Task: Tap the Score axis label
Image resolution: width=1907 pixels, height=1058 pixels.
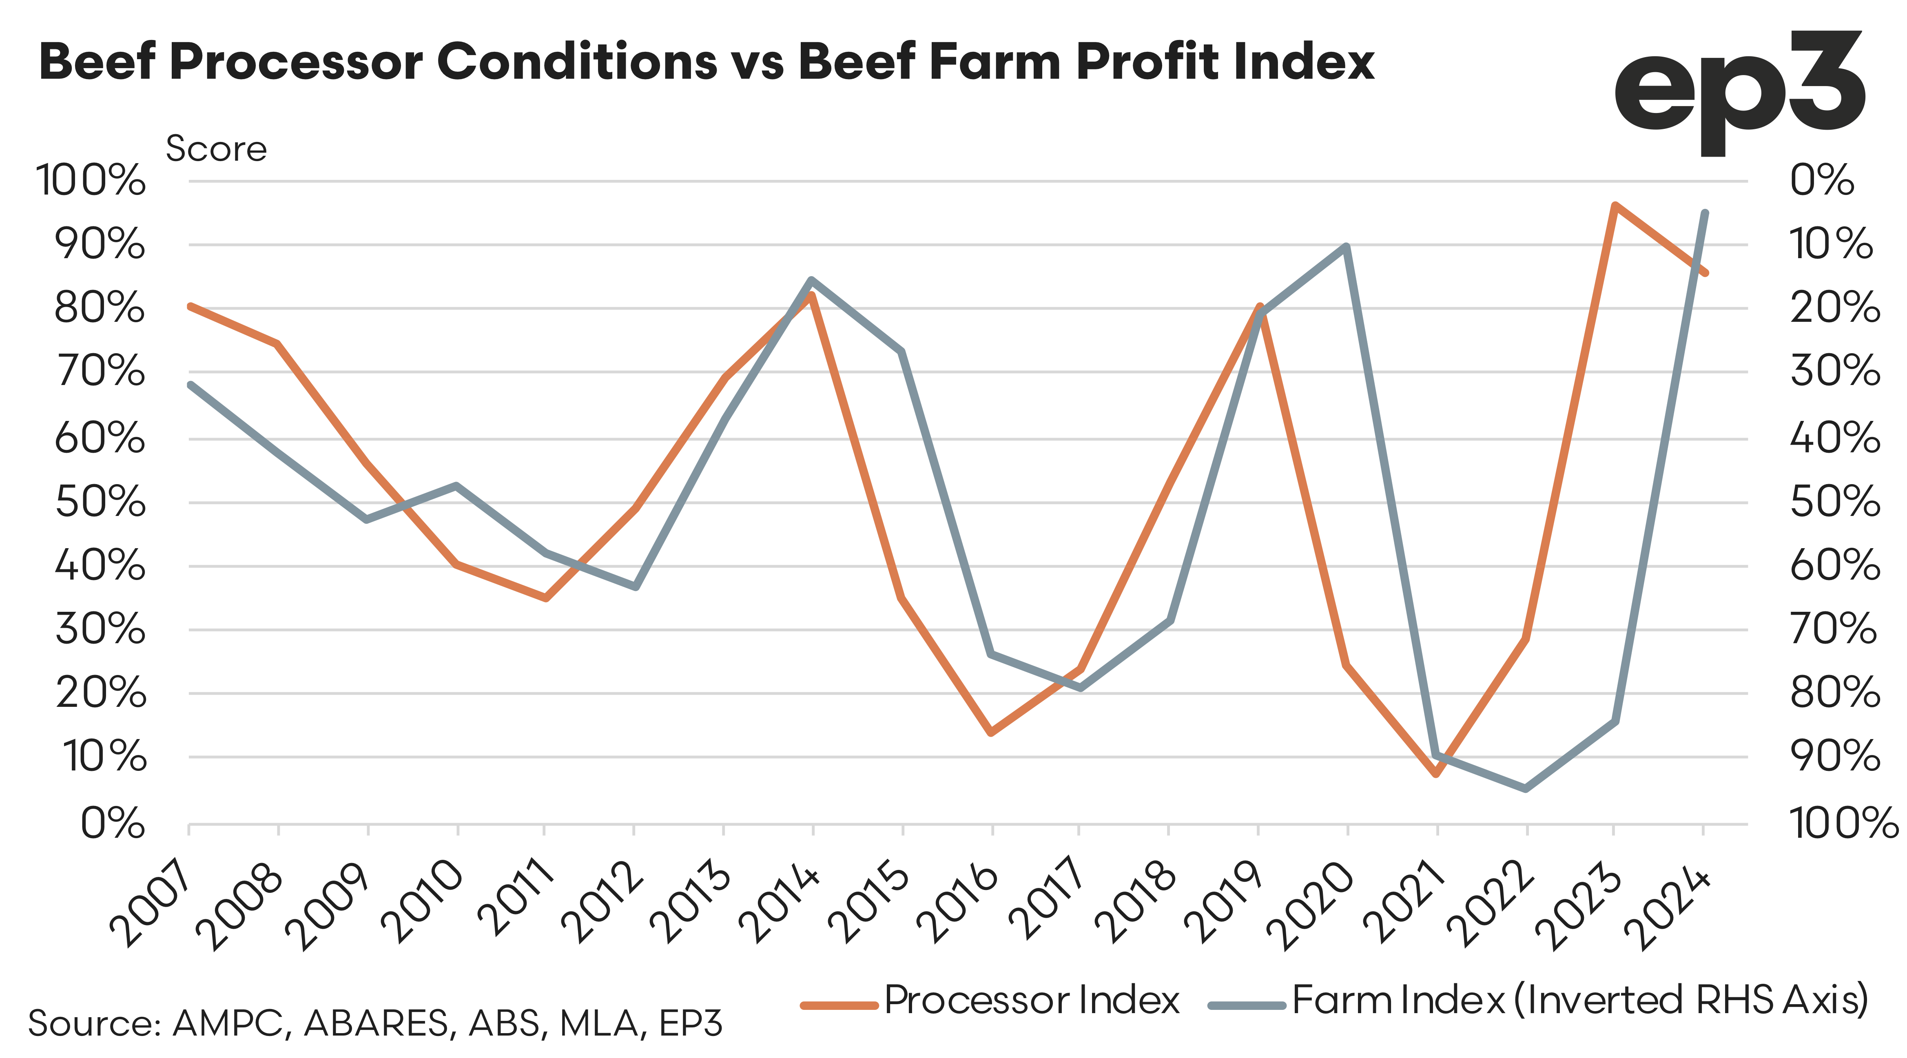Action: coord(216,149)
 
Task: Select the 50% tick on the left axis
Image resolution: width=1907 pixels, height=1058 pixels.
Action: coord(100,503)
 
